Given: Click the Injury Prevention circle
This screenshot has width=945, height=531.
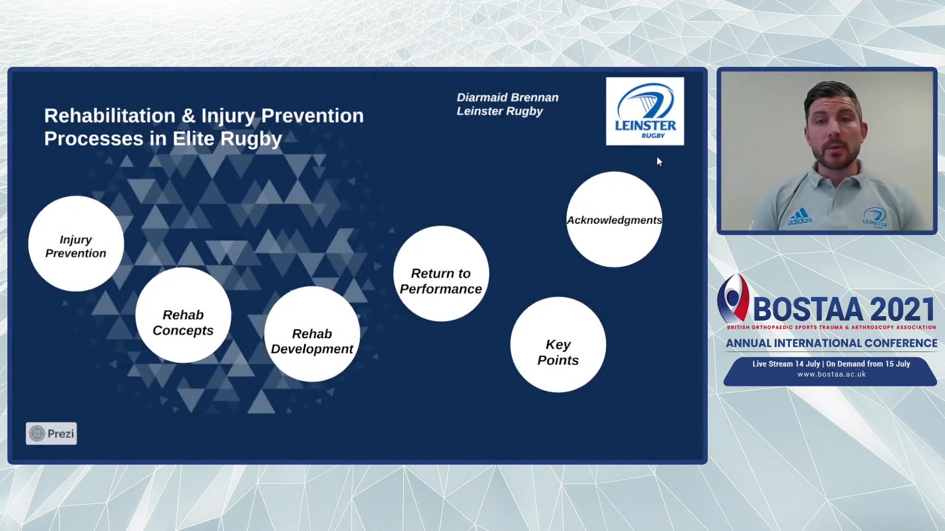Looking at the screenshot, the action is pyautogui.click(x=76, y=244).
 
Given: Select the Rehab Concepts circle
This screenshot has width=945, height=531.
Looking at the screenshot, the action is pyautogui.click(x=183, y=315).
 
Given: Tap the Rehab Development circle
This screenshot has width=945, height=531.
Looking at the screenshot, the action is pyautogui.click(x=312, y=334).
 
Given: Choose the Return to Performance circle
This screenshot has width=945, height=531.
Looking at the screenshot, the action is pyautogui.click(x=441, y=274).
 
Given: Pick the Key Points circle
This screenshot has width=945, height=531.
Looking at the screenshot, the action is pyautogui.click(x=558, y=345).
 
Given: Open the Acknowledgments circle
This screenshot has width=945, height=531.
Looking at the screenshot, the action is pyautogui.click(x=614, y=219).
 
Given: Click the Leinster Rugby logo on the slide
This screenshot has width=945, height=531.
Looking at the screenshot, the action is pyautogui.click(x=645, y=111).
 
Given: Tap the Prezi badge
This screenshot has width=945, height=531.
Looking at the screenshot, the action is pyautogui.click(x=51, y=434).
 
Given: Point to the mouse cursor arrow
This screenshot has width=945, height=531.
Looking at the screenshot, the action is pyautogui.click(x=660, y=161).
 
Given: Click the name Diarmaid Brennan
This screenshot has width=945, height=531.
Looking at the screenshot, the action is pyautogui.click(x=507, y=97).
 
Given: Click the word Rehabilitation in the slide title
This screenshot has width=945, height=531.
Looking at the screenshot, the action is pyautogui.click(x=110, y=116).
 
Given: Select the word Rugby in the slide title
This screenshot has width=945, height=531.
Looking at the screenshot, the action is pyautogui.click(x=251, y=139).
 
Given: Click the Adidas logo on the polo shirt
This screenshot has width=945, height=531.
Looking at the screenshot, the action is pyautogui.click(x=800, y=217).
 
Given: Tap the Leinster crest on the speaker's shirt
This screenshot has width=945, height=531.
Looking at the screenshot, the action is pyautogui.click(x=875, y=217).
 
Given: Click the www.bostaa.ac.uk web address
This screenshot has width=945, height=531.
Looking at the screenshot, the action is pyautogui.click(x=832, y=374).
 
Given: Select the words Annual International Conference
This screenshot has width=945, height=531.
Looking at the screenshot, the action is pyautogui.click(x=832, y=343).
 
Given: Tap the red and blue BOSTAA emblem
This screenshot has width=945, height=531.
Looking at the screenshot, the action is pyautogui.click(x=733, y=298).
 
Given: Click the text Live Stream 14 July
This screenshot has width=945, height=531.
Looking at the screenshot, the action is pyautogui.click(x=786, y=364).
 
